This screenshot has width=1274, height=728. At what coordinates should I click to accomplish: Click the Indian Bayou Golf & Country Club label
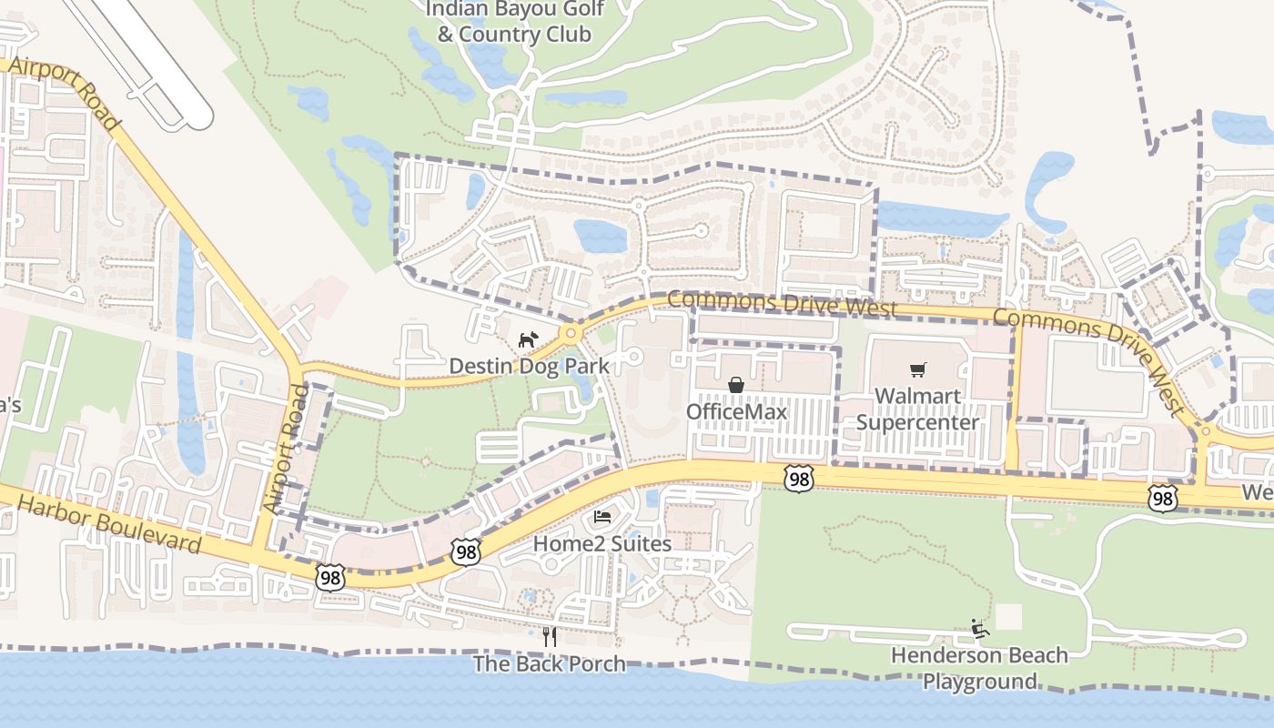point(514,22)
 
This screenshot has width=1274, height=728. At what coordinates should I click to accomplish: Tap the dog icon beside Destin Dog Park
point(527,340)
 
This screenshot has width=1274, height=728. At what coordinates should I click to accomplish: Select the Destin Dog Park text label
point(529,365)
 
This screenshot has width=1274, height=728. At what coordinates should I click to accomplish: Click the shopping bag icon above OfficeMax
point(736,386)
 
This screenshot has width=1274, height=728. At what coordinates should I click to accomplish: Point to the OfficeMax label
point(736,411)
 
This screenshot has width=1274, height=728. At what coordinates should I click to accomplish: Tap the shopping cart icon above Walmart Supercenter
point(917,370)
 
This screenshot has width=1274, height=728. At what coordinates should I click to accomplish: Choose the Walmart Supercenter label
point(917,409)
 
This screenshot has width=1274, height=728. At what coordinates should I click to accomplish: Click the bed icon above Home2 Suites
point(602,518)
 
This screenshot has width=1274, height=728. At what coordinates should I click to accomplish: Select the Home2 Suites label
point(602,543)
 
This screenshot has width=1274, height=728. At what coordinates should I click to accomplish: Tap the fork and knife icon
point(550,637)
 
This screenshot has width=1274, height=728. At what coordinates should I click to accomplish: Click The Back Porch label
point(550,663)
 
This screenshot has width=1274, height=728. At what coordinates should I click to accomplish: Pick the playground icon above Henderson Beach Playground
point(979,629)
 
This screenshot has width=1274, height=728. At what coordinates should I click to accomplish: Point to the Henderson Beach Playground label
point(979,668)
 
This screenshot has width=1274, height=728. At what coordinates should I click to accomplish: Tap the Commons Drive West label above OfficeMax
point(782,304)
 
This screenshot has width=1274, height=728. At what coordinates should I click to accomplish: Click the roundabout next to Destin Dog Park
point(571,333)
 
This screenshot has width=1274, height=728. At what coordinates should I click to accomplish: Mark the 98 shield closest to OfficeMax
point(798,479)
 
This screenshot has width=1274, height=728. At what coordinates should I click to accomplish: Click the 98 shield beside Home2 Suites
point(465,551)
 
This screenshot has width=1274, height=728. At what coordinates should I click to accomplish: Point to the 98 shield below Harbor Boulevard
point(331,576)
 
